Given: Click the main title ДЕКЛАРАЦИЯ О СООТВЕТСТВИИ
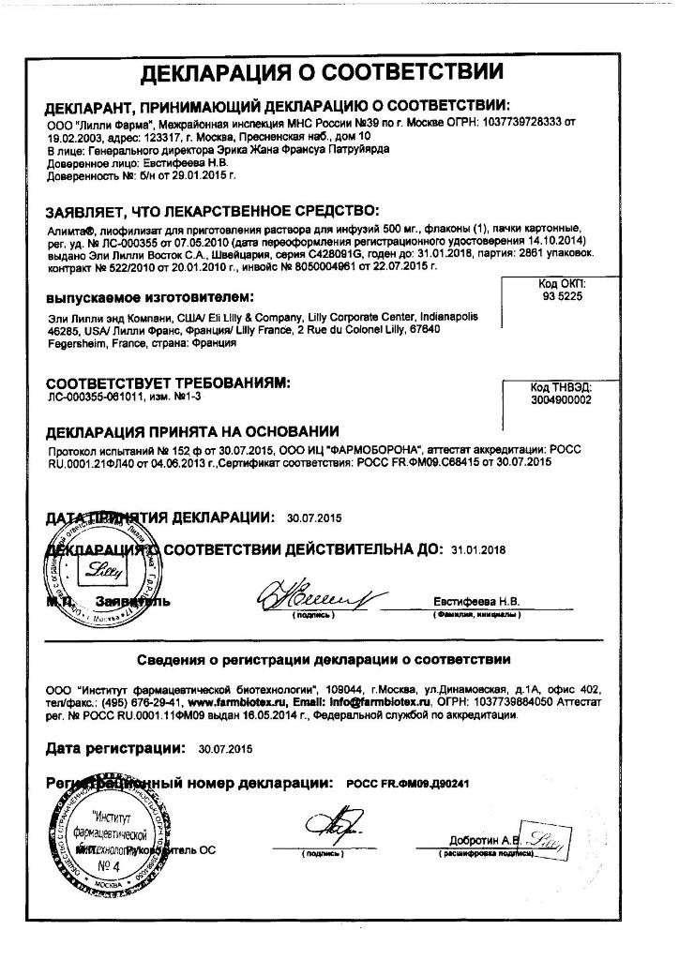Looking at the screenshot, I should pyautogui.click(x=322, y=72).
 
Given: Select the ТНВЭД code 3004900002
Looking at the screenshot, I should pyautogui.click(x=562, y=400).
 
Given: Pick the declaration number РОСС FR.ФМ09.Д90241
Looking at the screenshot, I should pyautogui.click(x=407, y=783).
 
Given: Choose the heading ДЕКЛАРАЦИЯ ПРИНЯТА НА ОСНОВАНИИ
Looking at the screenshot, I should pyautogui.click(x=192, y=431).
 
